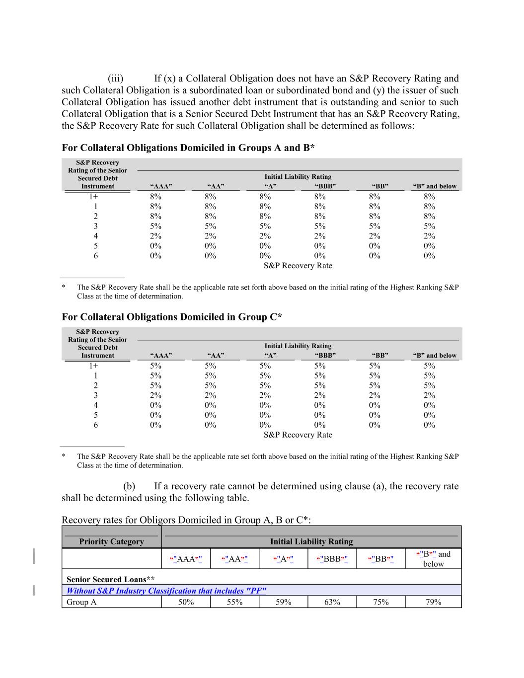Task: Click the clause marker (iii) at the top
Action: pyautogui.click(x=115, y=78)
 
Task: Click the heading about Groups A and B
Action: pyautogui.click(x=188, y=148)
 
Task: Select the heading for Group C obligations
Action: pyautogui.click(x=171, y=317)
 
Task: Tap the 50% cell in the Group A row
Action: pyautogui.click(x=186, y=602)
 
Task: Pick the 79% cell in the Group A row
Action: pyautogui.click(x=433, y=602)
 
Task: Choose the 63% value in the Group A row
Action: pyautogui.click(x=332, y=602)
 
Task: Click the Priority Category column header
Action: pyautogui.click(x=111, y=541)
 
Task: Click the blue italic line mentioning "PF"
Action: pyautogui.click(x=166, y=591)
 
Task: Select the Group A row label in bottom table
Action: pyautogui.click(x=81, y=602)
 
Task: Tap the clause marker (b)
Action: pyautogui.click(x=129, y=486)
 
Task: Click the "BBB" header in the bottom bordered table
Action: pyautogui.click(x=332, y=559)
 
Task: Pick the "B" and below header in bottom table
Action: pyautogui.click(x=433, y=559)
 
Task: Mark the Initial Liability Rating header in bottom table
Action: pyautogui.click(x=311, y=541)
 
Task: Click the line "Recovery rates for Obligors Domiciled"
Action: pyautogui.click(x=186, y=520)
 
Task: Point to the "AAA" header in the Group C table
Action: pyautogui.click(x=161, y=355)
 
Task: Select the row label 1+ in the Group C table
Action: pyautogui.click(x=94, y=366)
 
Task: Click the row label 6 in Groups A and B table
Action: pyautogui.click(x=96, y=256)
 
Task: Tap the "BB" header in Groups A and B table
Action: pyautogui.click(x=380, y=186)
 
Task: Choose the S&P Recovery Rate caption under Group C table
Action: pyautogui.click(x=298, y=435)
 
